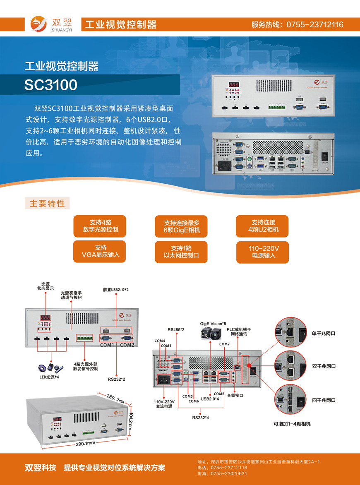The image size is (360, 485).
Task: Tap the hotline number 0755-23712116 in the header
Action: tap(315, 24)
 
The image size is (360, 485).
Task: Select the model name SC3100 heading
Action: tap(51, 85)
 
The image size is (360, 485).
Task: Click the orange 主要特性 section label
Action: tap(47, 204)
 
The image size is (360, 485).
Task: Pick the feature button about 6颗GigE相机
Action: tap(182, 226)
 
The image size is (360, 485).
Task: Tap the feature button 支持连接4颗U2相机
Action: tap(263, 226)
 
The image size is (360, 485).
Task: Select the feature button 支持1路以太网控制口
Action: tap(182, 252)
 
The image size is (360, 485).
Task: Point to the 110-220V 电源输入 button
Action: tap(263, 252)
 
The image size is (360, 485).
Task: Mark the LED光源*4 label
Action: tap(46, 377)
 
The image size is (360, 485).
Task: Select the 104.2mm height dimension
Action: tap(130, 420)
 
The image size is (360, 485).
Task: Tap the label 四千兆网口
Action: tap(324, 400)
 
